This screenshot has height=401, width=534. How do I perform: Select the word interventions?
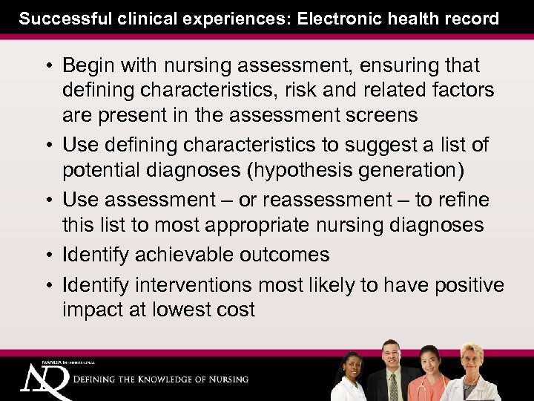point(203,284)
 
